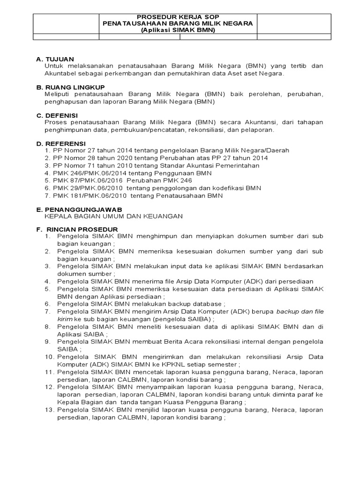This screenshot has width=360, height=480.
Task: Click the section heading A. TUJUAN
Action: (x=55, y=59)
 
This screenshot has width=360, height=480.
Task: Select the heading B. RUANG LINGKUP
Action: (x=70, y=87)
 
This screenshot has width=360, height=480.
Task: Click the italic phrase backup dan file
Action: (x=300, y=312)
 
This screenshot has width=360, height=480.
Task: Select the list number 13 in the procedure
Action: (x=49, y=410)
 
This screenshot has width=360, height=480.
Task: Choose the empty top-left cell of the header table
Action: (x=67, y=23)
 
